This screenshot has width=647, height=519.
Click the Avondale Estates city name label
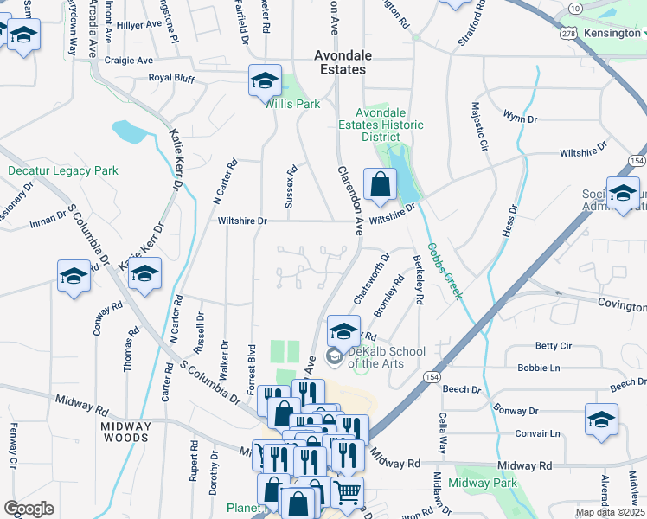click(339, 61)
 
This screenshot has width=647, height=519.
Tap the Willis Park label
click(293, 104)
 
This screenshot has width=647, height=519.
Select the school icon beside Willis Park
click(265, 82)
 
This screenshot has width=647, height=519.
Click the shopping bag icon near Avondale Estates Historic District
click(380, 184)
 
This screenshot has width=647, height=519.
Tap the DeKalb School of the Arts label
click(387, 357)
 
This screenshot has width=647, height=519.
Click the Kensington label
click(612, 33)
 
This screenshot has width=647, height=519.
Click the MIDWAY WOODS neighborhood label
click(125, 432)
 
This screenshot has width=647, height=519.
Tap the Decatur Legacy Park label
click(62, 170)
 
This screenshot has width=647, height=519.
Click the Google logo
click(29, 509)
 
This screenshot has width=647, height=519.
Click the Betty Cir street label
click(554, 346)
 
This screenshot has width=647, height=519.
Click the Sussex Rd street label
click(291, 187)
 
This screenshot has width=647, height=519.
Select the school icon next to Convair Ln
click(601, 420)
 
